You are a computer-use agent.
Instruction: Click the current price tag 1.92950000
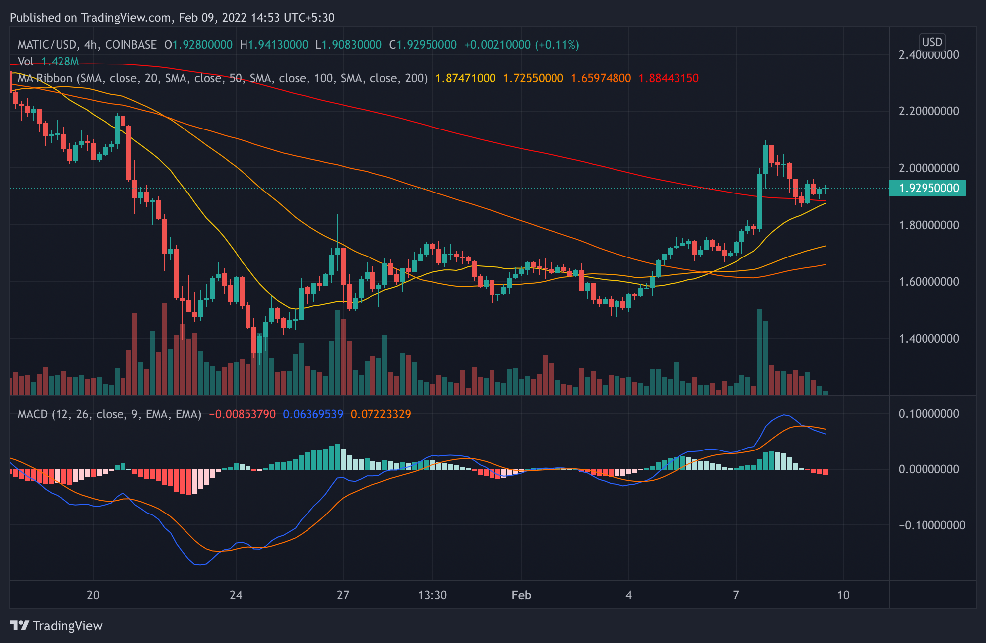(928, 188)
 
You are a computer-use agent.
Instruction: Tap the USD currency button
(932, 42)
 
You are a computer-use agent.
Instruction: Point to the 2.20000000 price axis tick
(928, 111)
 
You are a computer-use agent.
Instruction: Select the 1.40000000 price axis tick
(928, 339)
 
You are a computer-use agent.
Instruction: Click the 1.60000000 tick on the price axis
(928, 282)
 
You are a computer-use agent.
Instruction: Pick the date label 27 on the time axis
(343, 595)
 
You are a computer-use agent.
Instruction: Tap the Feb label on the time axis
(521, 595)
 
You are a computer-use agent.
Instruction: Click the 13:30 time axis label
(432, 595)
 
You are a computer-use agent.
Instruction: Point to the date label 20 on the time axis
(93, 595)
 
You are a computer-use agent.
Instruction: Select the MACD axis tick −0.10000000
(931, 525)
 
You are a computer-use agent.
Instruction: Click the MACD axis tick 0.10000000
(928, 414)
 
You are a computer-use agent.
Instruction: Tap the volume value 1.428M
(60, 62)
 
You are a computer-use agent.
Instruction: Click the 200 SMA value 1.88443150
(668, 78)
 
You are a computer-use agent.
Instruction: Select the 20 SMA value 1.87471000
(465, 78)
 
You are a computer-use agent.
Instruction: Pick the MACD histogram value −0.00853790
(242, 414)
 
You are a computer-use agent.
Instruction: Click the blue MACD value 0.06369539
(313, 414)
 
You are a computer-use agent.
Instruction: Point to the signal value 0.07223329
(380, 414)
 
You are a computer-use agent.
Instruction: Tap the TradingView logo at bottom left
(56, 626)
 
